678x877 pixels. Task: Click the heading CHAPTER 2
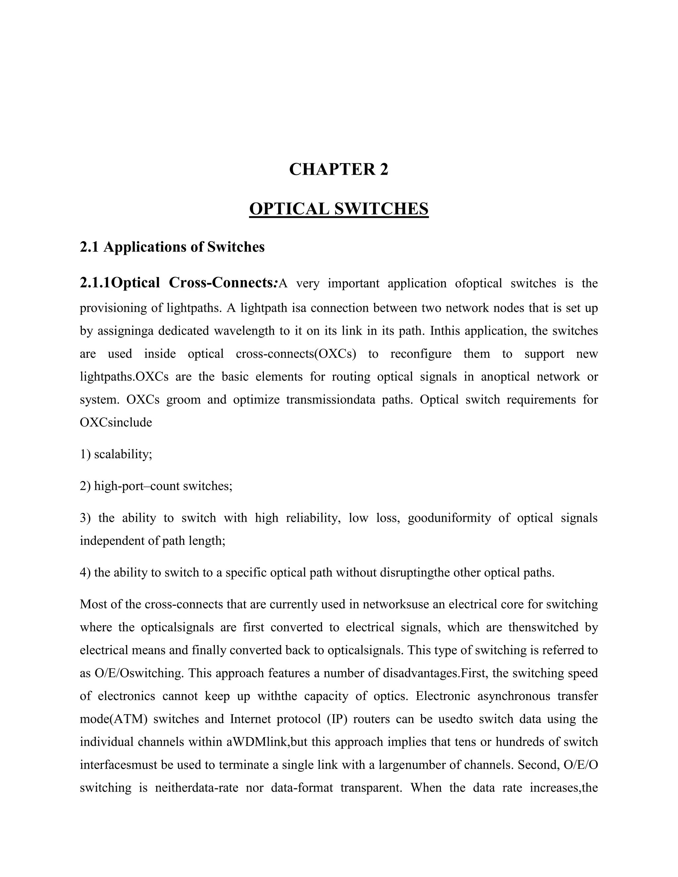pyautogui.click(x=339, y=169)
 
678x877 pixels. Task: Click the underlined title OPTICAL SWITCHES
pyautogui.click(x=339, y=209)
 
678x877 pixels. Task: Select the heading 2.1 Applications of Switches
pyautogui.click(x=172, y=247)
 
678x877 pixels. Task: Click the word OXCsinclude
pyautogui.click(x=116, y=422)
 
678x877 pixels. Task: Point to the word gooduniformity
pyautogui.click(x=449, y=518)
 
